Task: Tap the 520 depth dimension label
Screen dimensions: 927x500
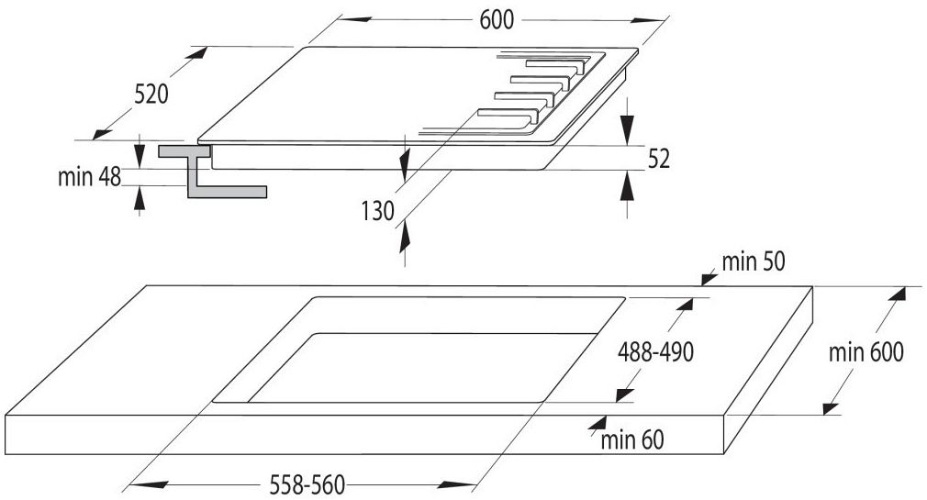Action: click(x=151, y=94)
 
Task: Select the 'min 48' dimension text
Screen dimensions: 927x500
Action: click(x=89, y=177)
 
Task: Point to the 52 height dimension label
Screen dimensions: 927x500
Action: click(x=659, y=159)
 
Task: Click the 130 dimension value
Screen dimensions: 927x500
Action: click(x=378, y=211)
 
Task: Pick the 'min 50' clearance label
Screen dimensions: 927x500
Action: click(x=754, y=261)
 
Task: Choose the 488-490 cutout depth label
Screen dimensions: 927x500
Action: click(x=655, y=352)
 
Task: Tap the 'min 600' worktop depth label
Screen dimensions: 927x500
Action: click(x=866, y=352)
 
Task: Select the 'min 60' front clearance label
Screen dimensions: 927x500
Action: click(x=632, y=439)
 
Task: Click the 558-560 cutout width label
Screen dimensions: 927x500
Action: click(x=307, y=485)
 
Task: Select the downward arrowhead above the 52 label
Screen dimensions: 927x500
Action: click(x=627, y=129)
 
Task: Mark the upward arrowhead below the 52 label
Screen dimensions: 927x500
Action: click(x=627, y=185)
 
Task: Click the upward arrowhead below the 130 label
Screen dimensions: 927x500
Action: click(x=405, y=238)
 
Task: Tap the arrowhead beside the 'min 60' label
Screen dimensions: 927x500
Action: click(x=598, y=423)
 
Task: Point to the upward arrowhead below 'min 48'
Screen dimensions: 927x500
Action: click(x=139, y=198)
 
